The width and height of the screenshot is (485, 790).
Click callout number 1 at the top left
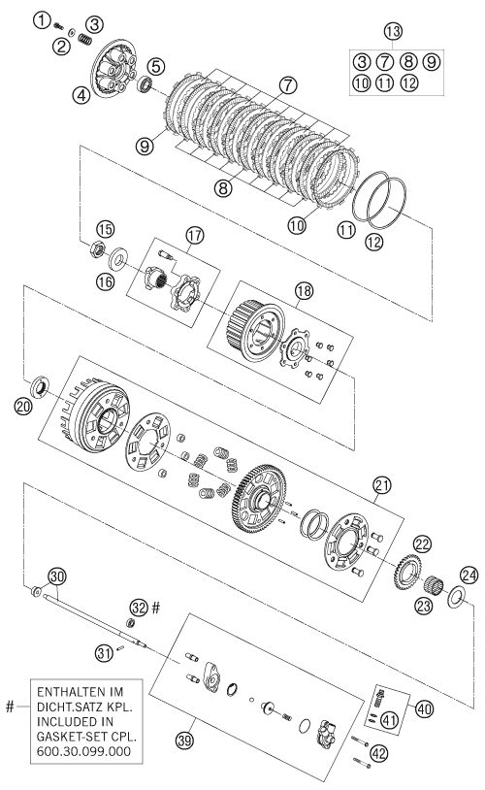43,20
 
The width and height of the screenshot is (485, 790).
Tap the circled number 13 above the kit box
393,31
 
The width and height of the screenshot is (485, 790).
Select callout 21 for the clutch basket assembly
382,485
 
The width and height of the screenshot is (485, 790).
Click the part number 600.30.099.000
83,751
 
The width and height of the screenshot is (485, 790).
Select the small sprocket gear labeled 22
407,572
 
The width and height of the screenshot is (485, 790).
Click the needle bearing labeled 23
434,585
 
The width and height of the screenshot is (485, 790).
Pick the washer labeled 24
456,597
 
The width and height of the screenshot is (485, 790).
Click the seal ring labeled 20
39,386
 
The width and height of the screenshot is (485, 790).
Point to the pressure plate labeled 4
113,69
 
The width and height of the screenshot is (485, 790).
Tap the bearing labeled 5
146,83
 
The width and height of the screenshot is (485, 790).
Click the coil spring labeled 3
85,38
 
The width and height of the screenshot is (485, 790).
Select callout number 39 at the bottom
185,741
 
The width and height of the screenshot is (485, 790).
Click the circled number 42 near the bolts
378,753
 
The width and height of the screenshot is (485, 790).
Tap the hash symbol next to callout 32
155,608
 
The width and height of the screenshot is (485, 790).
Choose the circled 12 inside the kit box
409,82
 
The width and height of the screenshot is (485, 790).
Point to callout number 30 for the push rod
57,576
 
